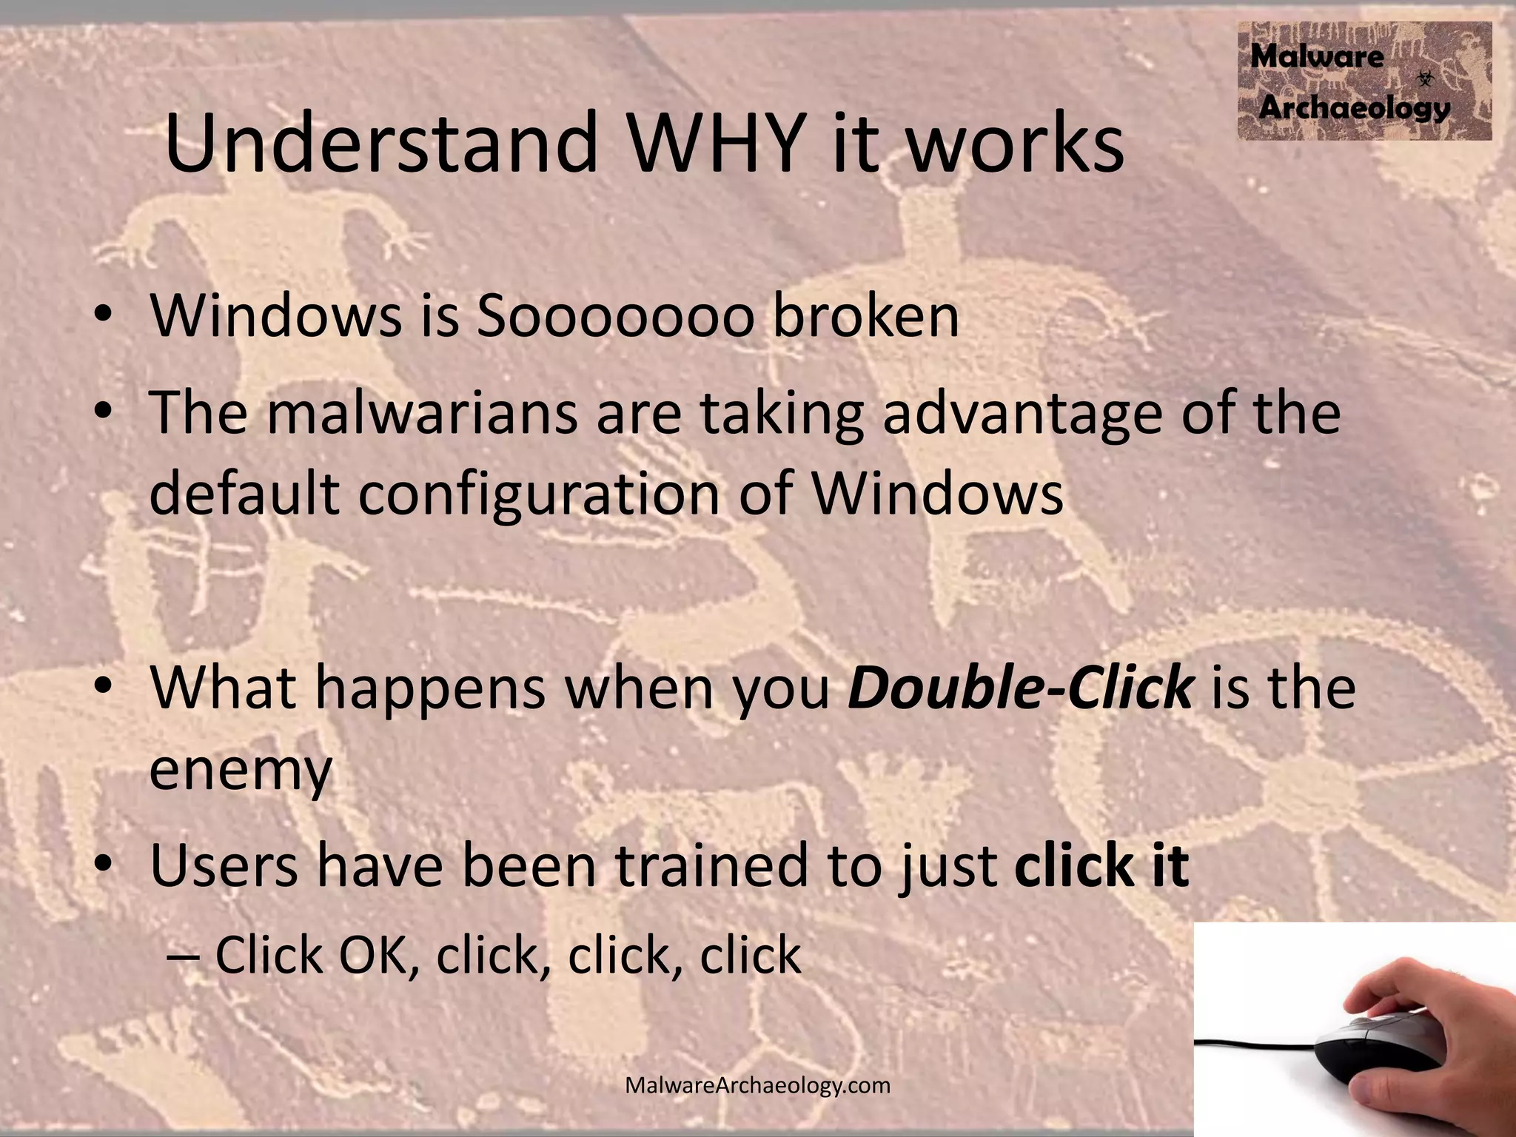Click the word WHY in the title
pyautogui.click(x=717, y=142)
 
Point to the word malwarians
pyautogui.click(x=422, y=413)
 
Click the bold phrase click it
pyautogui.click(x=1101, y=866)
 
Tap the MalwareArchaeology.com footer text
pyautogui.click(x=757, y=1086)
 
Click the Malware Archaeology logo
pyautogui.click(x=1364, y=81)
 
